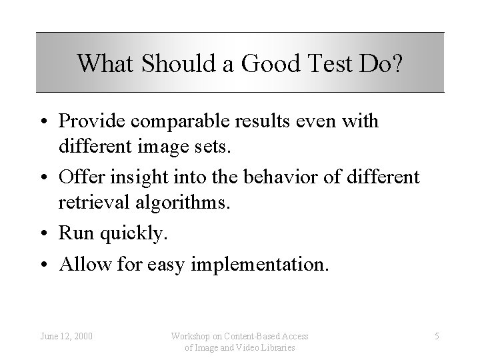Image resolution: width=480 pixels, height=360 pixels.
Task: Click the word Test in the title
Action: (323, 63)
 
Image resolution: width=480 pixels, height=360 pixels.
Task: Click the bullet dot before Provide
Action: (49, 122)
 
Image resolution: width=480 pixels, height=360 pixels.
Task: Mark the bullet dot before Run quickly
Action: (49, 233)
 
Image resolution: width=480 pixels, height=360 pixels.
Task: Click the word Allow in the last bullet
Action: (82, 265)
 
